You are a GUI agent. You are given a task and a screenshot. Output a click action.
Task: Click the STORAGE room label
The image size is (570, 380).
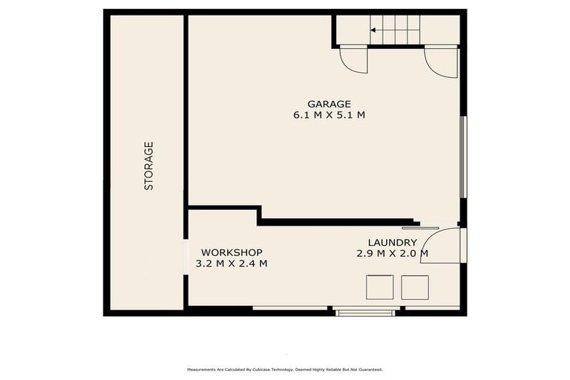(x=148, y=166)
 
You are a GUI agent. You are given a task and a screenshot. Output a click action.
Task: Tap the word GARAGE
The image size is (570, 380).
(x=329, y=104)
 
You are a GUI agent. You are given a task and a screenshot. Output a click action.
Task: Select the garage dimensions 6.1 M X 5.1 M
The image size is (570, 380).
(x=329, y=116)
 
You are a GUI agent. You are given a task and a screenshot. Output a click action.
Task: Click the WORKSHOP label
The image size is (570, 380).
(x=232, y=252)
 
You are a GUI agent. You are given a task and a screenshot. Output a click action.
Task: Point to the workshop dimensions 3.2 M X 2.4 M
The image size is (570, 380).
(x=232, y=263)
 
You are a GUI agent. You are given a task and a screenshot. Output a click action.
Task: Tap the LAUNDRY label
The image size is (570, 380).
(x=393, y=243)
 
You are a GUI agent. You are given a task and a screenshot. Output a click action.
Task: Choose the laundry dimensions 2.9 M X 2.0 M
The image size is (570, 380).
(x=393, y=254)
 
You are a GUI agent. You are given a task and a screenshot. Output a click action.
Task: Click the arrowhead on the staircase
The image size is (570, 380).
(x=373, y=30)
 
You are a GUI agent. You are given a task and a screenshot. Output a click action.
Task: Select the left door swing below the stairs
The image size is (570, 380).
(x=353, y=59)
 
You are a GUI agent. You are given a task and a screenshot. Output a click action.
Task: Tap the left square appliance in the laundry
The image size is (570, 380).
(x=381, y=287)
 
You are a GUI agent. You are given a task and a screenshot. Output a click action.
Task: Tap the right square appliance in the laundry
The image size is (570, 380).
(x=415, y=287)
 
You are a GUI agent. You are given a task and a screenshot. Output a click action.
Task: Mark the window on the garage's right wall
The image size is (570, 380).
(x=462, y=157)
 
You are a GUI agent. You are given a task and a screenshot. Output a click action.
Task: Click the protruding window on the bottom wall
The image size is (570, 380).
(x=365, y=312)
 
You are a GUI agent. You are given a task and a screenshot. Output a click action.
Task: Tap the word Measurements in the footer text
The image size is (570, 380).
(x=201, y=369)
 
